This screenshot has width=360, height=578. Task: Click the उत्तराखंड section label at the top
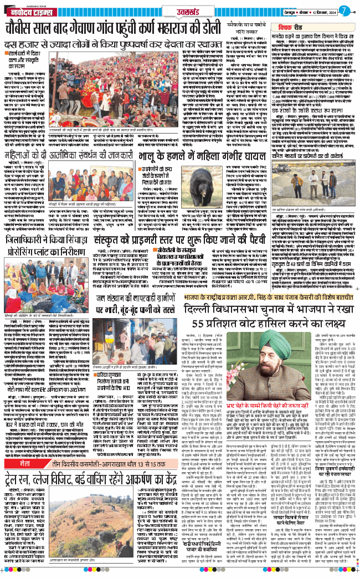[x=181, y=11]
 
